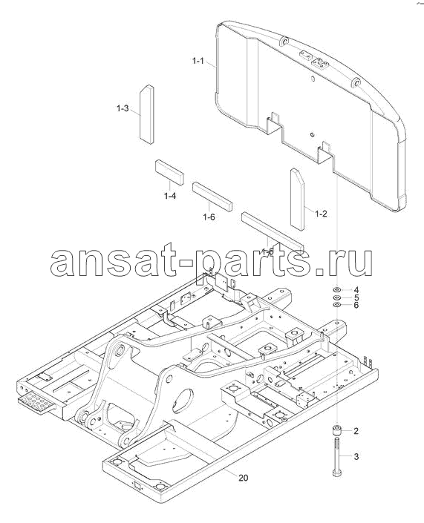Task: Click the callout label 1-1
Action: (198, 61)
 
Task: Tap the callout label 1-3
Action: (123, 108)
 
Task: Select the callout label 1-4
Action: (170, 196)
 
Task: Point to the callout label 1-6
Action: (209, 217)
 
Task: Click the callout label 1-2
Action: (321, 214)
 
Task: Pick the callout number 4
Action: (356, 289)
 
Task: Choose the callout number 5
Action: (356, 297)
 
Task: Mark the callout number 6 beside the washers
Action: (356, 305)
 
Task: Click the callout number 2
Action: (356, 431)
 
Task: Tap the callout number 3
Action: (356, 456)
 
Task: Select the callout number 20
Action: (244, 478)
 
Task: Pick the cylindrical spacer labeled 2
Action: (337, 430)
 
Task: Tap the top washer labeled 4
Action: (337, 289)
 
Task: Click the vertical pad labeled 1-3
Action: (146, 114)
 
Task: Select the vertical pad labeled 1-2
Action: (297, 200)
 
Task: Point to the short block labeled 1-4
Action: (169, 172)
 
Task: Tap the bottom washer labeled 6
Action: (337, 305)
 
